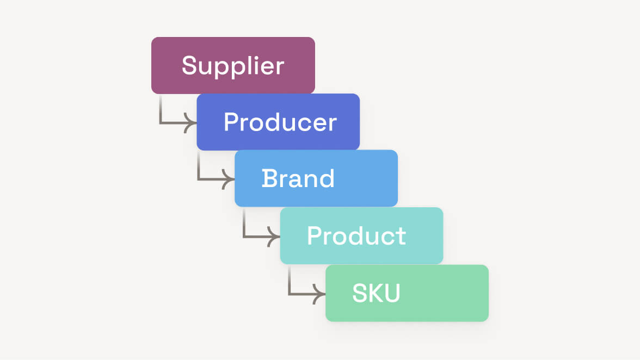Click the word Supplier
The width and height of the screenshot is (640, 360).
pyautogui.click(x=233, y=66)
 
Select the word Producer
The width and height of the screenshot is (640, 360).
pyautogui.click(x=280, y=122)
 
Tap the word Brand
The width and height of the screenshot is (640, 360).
pyautogui.click(x=298, y=178)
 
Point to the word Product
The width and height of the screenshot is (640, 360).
pyautogui.click(x=356, y=235)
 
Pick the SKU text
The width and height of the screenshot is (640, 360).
pyautogui.click(x=376, y=293)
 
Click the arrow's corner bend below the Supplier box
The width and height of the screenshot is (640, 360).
pyautogui.click(x=161, y=123)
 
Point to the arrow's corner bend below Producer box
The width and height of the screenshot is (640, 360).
pyautogui.click(x=199, y=180)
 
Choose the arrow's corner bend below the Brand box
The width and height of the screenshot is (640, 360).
pyautogui.click(x=244, y=237)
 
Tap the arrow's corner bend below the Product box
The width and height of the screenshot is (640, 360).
pyautogui.click(x=290, y=294)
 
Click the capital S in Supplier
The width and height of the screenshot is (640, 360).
pyautogui.click(x=189, y=65)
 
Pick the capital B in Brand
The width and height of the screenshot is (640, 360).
pyautogui.click(x=269, y=178)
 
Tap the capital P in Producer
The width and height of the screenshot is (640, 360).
pyautogui.click(x=231, y=122)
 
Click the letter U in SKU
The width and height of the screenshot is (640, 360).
pyautogui.click(x=392, y=293)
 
